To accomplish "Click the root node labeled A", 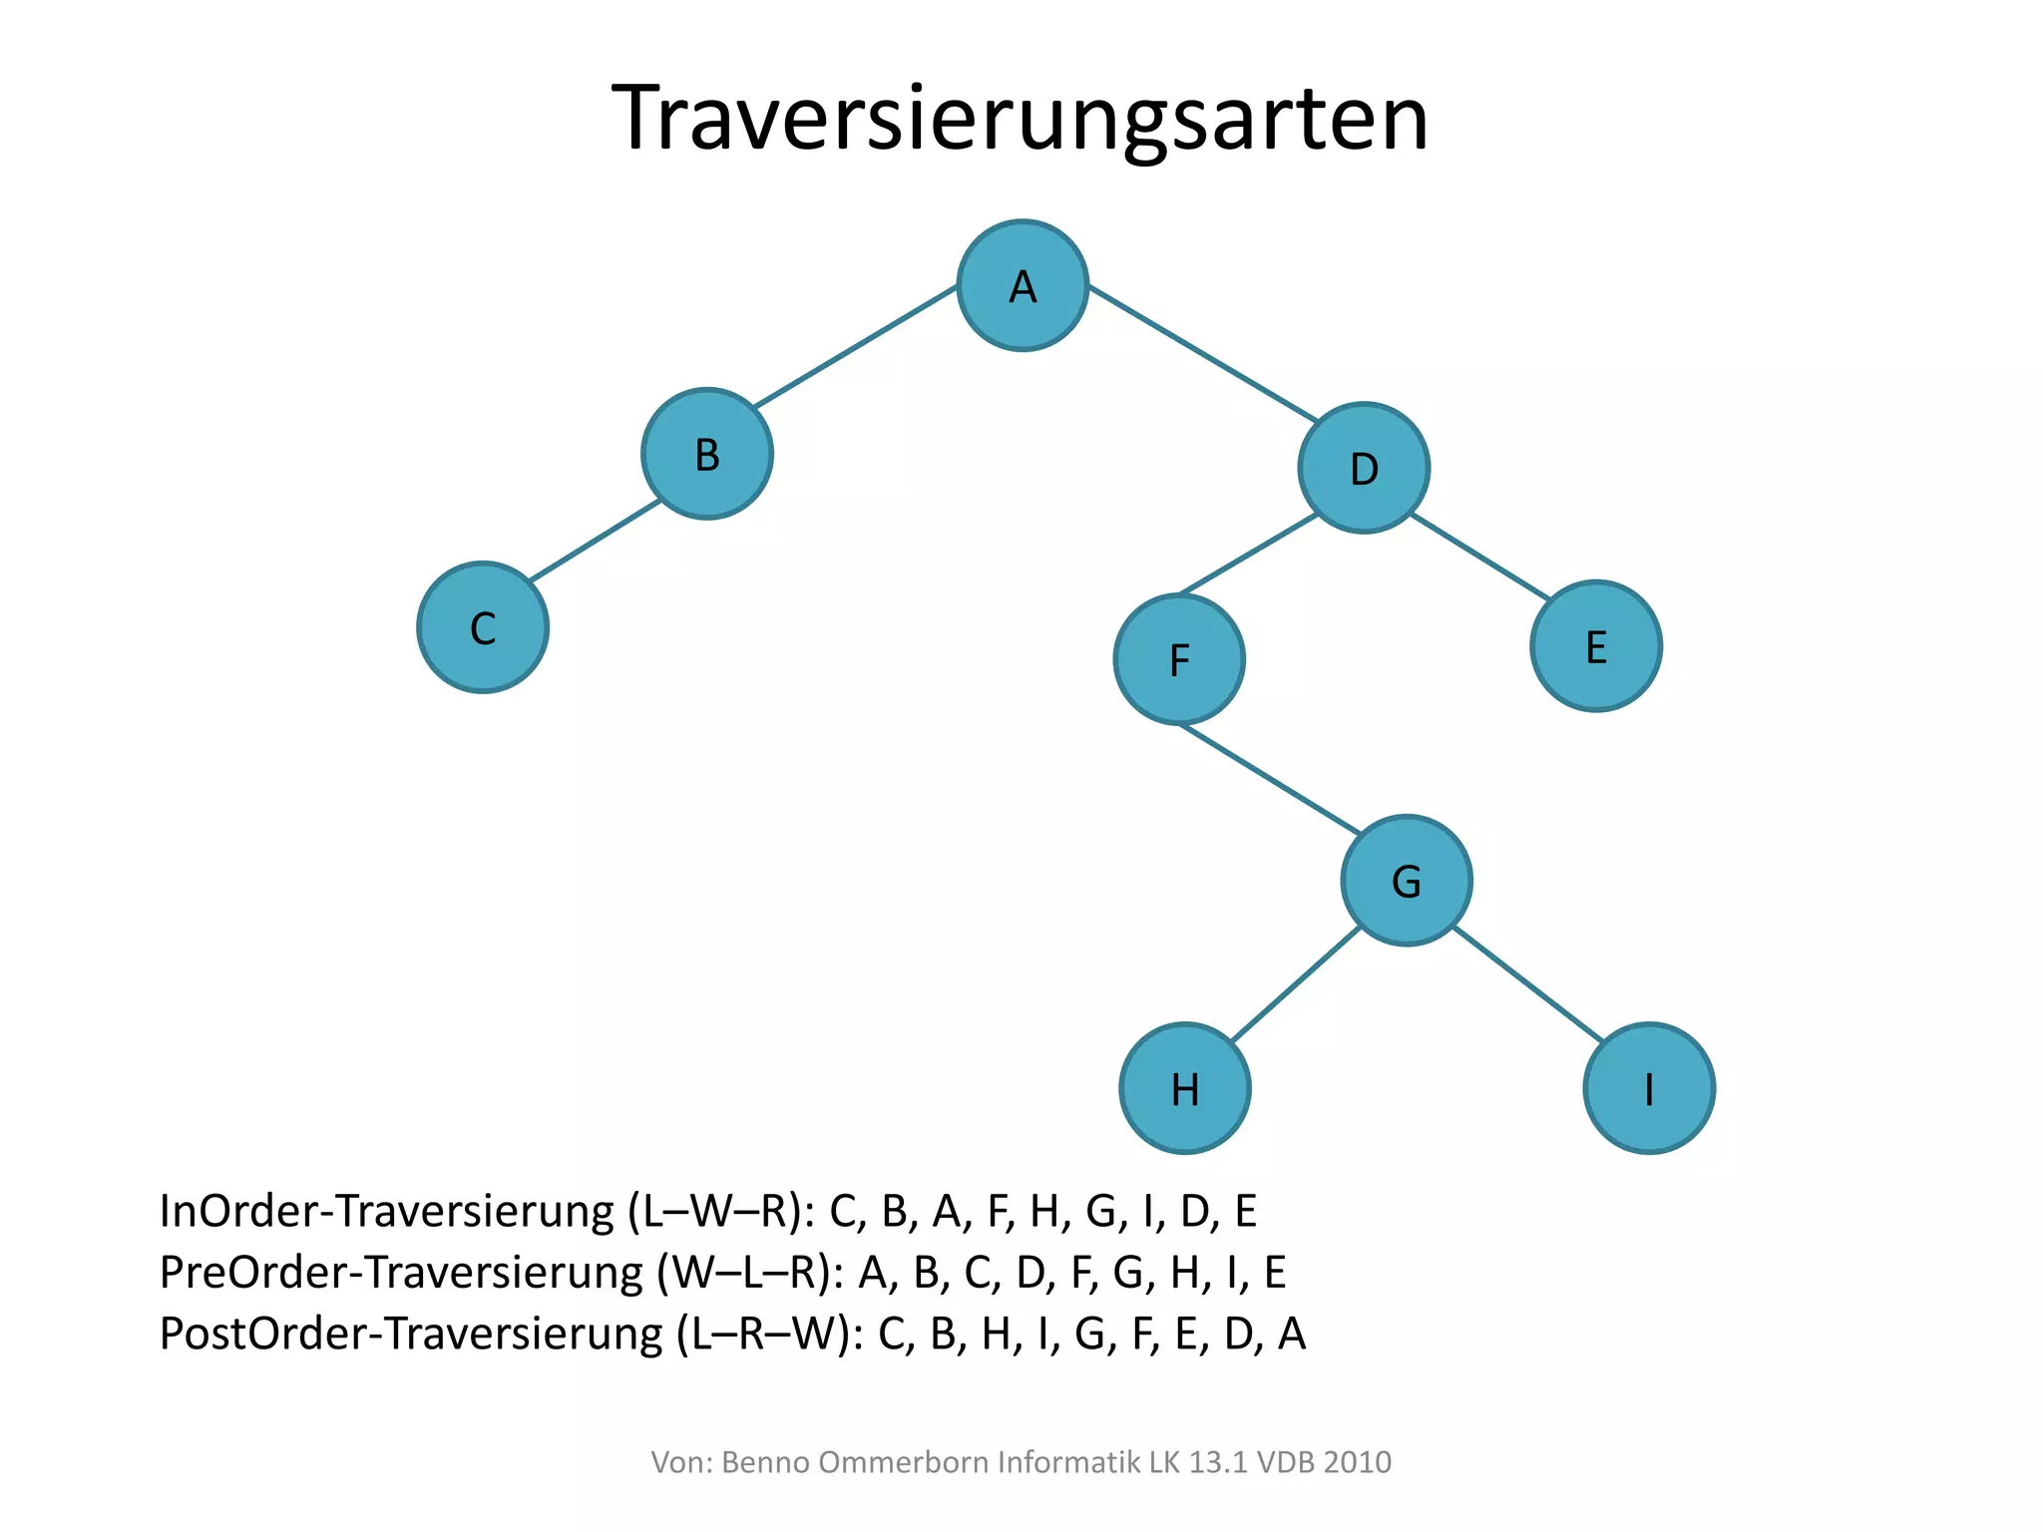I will pos(1022,286).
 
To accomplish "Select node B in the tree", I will pos(707,454).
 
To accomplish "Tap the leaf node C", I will pos(483,628).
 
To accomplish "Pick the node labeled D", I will pos(1364,468).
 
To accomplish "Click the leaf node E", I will pos(1596,646).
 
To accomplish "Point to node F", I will pos(1179,659).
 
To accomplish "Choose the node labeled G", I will pos(1407,881).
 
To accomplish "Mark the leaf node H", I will pos(1185,1088).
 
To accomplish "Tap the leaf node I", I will pos(1649,1088).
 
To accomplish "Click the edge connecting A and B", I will pos(856,346).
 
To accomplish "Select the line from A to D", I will pos(1202,353).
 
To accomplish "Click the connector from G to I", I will pos(1527,984).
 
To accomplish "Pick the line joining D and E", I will pos(1481,557).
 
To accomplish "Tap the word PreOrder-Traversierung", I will pos(401,1273).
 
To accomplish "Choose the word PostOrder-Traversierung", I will pos(411,1334).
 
